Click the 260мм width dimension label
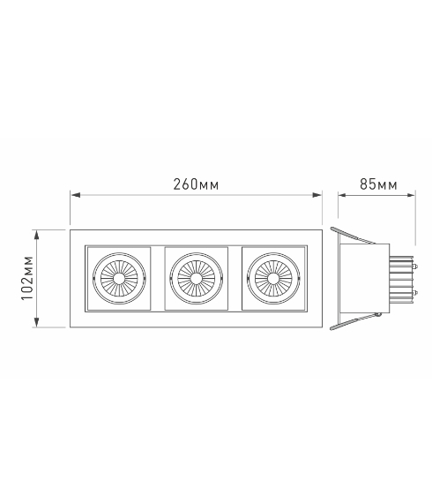click(196, 184)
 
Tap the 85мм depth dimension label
click(378, 184)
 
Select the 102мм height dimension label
click(27, 278)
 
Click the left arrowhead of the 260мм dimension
click(75, 195)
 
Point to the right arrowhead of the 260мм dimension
click(317, 195)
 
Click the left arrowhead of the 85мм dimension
click(343, 195)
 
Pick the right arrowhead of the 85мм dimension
click(411, 195)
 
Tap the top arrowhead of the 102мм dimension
click(36, 235)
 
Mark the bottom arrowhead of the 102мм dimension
click(36, 322)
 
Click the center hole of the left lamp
click(119, 279)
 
